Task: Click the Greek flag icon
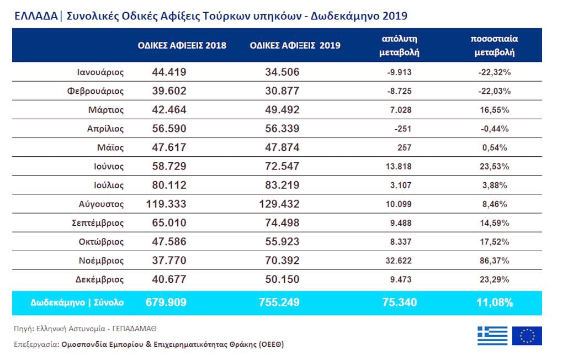pyautogui.click(x=492, y=336)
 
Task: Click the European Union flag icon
pyautogui.click(x=527, y=336)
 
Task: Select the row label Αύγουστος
pyautogui.click(x=101, y=204)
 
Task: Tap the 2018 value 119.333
pyautogui.click(x=166, y=204)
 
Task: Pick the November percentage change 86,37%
pyautogui.click(x=493, y=261)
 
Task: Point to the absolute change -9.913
pyautogui.click(x=399, y=72)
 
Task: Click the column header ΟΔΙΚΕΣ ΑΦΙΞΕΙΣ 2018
pyautogui.click(x=182, y=45)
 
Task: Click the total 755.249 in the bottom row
pyautogui.click(x=279, y=303)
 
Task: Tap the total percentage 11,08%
pyautogui.click(x=493, y=303)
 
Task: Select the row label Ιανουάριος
pyautogui.click(x=100, y=72)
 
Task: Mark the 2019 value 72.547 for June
pyautogui.click(x=279, y=166)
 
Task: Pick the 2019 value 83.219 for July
pyautogui.click(x=279, y=185)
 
